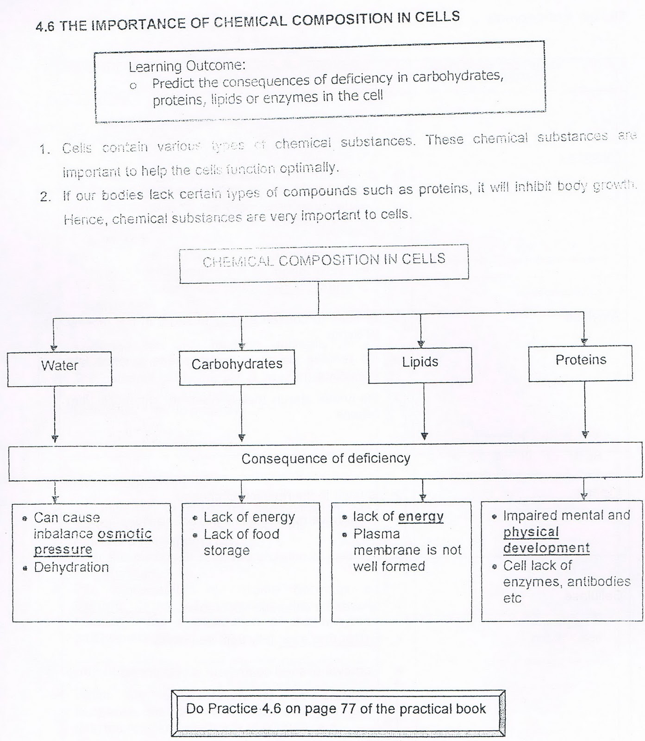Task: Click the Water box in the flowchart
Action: click(59, 368)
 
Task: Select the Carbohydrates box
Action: click(237, 367)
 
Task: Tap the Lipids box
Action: click(420, 365)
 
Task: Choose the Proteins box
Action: click(580, 363)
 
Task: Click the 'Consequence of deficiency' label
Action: click(326, 458)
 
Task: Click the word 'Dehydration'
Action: click(71, 567)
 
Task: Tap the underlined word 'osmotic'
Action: click(125, 534)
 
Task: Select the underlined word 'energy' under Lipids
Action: click(420, 516)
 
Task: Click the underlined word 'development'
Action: click(546, 548)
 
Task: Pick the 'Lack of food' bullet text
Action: click(241, 534)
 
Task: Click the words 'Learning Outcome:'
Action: click(187, 66)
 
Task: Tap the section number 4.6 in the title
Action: click(44, 27)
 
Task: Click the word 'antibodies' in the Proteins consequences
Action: click(601, 582)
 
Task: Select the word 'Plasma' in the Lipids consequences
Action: click(376, 534)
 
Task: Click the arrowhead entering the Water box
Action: click(54, 347)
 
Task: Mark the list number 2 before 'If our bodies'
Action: click(45, 197)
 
